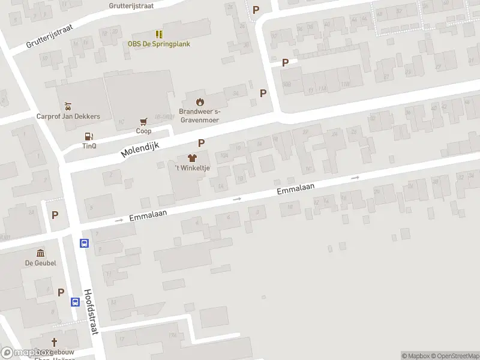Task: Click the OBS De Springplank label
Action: pos(158,43)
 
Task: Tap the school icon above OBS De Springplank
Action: pos(158,34)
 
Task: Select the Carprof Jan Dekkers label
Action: pos(68,116)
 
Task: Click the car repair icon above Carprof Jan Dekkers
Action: pos(68,106)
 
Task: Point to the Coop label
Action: pos(143,131)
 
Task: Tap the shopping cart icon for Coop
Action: pos(143,121)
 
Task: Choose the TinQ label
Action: pos(89,146)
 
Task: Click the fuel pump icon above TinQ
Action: pos(89,136)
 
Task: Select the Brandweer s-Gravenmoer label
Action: pos(200,116)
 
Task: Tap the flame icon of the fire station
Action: pos(200,101)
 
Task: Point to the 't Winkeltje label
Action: pos(191,168)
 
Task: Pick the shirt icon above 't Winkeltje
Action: pos(191,158)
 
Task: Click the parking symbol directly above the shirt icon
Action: pos(202,143)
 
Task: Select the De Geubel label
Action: pos(40,263)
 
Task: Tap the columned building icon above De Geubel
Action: pos(40,253)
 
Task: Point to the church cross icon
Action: pos(54,342)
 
